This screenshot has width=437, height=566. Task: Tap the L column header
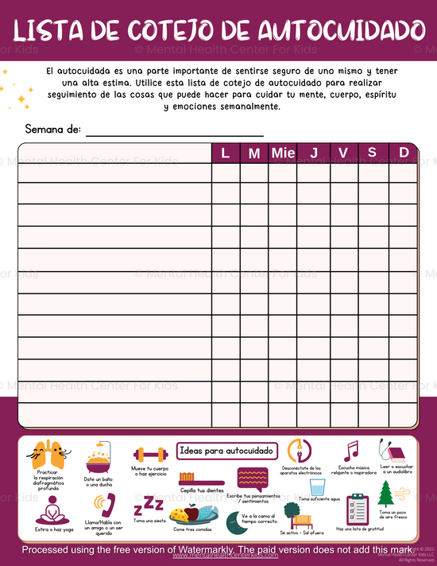coord(226,153)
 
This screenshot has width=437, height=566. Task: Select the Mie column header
coord(282,153)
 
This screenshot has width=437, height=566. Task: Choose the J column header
coord(313,153)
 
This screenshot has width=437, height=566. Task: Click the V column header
coord(343,153)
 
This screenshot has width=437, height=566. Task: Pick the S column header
coord(373,153)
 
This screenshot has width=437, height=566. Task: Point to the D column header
coord(404,153)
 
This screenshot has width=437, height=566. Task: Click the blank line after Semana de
coord(174,130)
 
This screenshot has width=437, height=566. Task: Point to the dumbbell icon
coord(150,455)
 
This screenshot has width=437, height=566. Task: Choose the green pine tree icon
coord(387,493)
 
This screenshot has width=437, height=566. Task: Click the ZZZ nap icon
coord(145,506)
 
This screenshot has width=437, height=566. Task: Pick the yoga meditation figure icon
coord(52,507)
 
